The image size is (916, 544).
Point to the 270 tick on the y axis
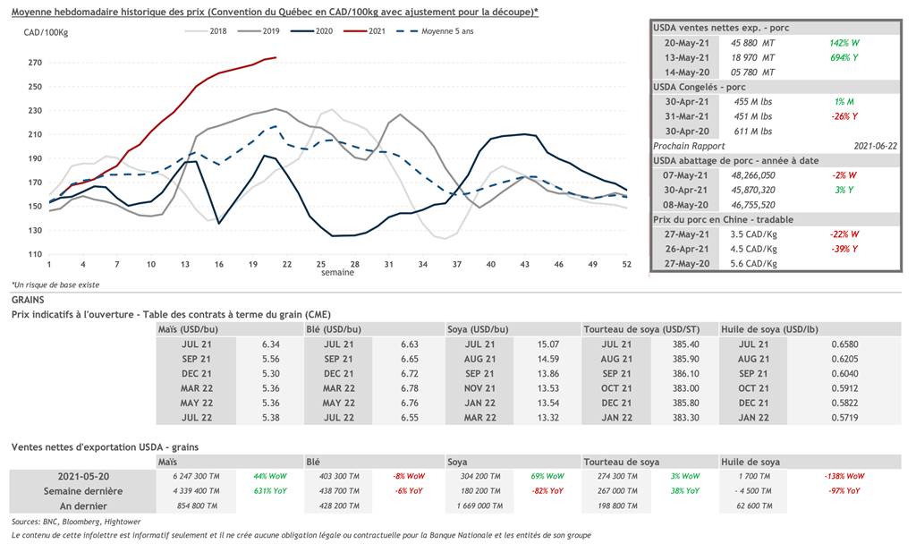coord(35,63)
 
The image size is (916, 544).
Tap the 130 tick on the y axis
coord(35,230)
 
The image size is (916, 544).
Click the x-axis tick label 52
coord(628,265)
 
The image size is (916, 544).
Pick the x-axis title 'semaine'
coord(337,273)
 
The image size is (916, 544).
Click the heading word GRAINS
coord(29,302)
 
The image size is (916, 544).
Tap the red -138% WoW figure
coord(844,476)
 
